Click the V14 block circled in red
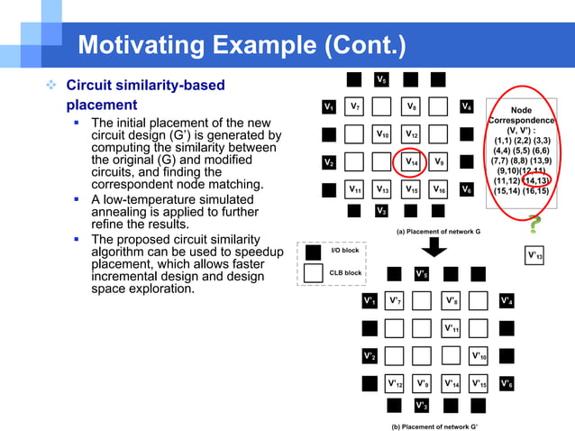click(x=411, y=162)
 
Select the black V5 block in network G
click(x=382, y=80)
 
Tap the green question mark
click(x=534, y=225)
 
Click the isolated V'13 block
click(x=534, y=255)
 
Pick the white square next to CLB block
click(x=315, y=272)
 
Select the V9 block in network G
click(x=439, y=162)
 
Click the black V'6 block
click(x=507, y=383)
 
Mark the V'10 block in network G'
click(x=479, y=355)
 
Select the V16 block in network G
click(x=439, y=190)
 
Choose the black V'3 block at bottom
click(x=422, y=405)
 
